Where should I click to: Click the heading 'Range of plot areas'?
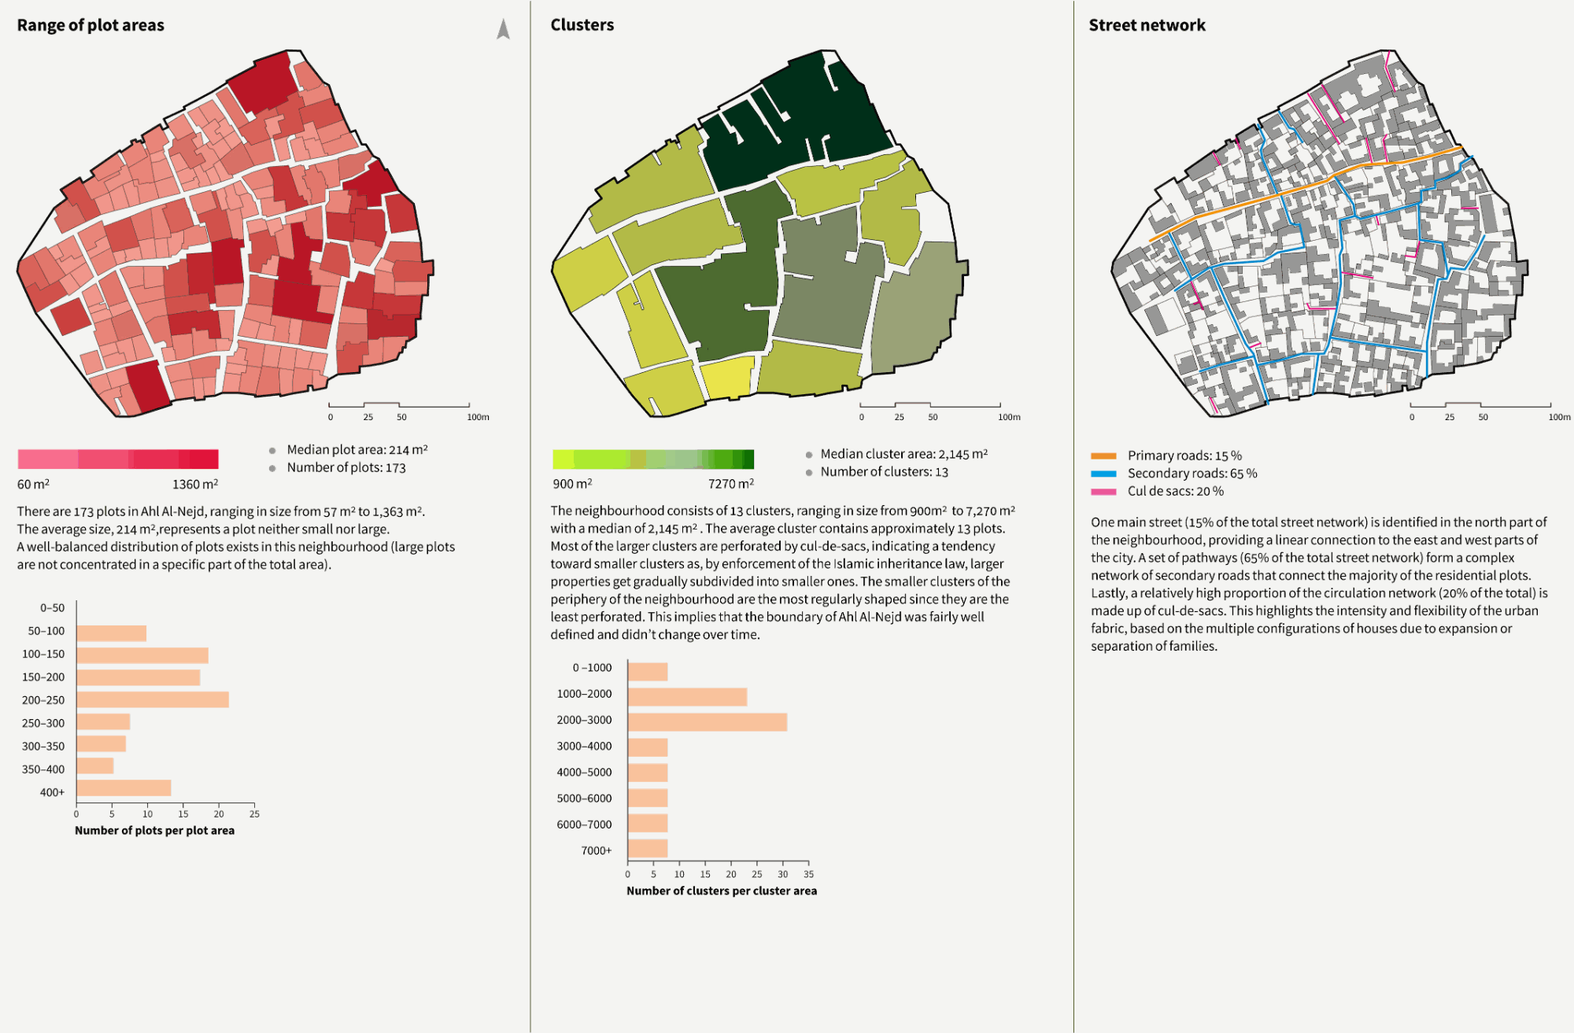coord(91,25)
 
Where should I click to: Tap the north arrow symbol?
coord(504,29)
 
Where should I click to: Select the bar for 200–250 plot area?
coord(153,699)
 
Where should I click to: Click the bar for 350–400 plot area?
coord(95,766)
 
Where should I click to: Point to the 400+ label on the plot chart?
coord(53,792)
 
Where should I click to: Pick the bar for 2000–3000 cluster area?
coord(708,722)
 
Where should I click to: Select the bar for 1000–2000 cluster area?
coord(687,696)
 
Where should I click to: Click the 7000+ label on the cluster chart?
coord(597,850)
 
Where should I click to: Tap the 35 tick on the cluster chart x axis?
coord(808,874)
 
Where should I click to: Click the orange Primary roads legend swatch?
coord(1103,456)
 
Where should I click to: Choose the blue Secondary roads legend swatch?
coord(1103,474)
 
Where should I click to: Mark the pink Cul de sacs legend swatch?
coord(1103,492)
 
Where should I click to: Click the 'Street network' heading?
coord(1147,25)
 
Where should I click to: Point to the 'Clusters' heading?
coord(582,25)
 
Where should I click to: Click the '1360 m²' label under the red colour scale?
coord(195,484)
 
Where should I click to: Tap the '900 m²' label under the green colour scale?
coord(572,484)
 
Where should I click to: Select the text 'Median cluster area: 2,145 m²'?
coord(903,454)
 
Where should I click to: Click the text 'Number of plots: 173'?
coord(346,467)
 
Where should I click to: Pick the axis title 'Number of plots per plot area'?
coord(154,830)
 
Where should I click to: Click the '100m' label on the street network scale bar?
coord(1559,417)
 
